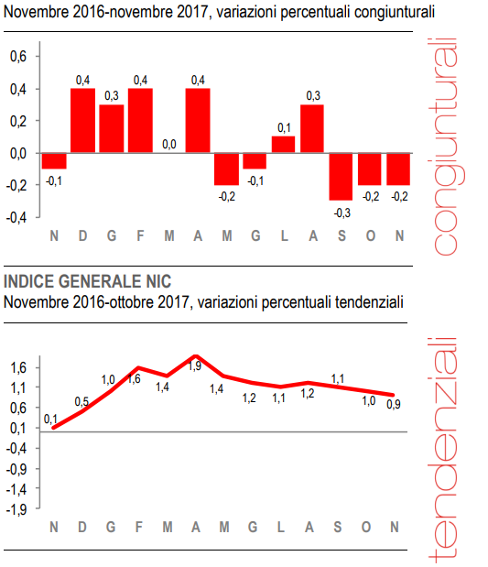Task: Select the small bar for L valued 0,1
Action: [x=283, y=145]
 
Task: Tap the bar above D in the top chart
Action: [x=83, y=121]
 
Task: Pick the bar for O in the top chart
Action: [x=370, y=169]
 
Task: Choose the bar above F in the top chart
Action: [x=140, y=121]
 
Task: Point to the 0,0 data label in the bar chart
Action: [x=168, y=144]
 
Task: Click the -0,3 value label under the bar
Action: [x=341, y=212]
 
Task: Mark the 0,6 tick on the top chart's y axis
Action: [x=18, y=57]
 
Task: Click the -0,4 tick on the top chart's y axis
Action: [x=17, y=218]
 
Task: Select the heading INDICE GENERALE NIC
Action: [x=87, y=280]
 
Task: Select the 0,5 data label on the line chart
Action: [x=81, y=401]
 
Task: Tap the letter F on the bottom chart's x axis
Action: [x=140, y=527]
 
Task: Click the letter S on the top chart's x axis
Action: [x=341, y=237]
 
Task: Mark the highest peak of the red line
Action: [x=195, y=355]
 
